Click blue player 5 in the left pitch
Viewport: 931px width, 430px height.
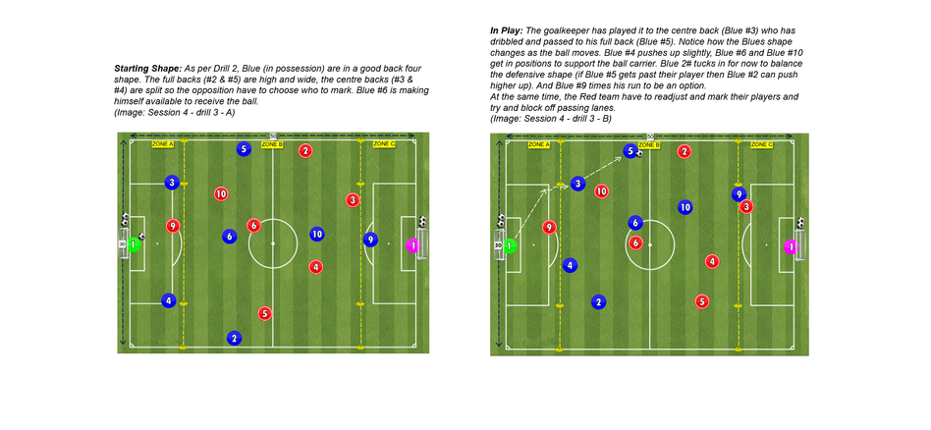(244, 149)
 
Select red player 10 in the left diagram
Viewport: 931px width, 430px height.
(221, 194)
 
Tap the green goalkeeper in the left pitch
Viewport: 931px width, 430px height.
(135, 243)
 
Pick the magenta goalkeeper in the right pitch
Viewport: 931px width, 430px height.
(789, 245)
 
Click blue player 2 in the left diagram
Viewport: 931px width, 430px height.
(234, 338)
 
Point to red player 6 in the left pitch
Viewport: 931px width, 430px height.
(254, 225)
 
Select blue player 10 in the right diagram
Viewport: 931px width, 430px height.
(685, 207)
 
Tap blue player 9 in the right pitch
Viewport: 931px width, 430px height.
(739, 194)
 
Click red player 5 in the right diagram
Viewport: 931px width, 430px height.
(701, 301)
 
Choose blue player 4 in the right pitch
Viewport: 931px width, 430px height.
(570, 265)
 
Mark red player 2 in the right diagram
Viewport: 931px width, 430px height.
(685, 151)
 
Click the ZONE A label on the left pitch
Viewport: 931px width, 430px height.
(163, 144)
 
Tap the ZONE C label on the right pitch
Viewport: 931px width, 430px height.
(761, 144)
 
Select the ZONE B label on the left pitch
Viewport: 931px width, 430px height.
(273, 144)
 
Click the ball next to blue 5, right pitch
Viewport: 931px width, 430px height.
(639, 153)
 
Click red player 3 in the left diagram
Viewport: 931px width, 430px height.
(353, 200)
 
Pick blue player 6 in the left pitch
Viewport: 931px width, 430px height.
(229, 236)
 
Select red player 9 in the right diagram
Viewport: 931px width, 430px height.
(549, 227)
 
